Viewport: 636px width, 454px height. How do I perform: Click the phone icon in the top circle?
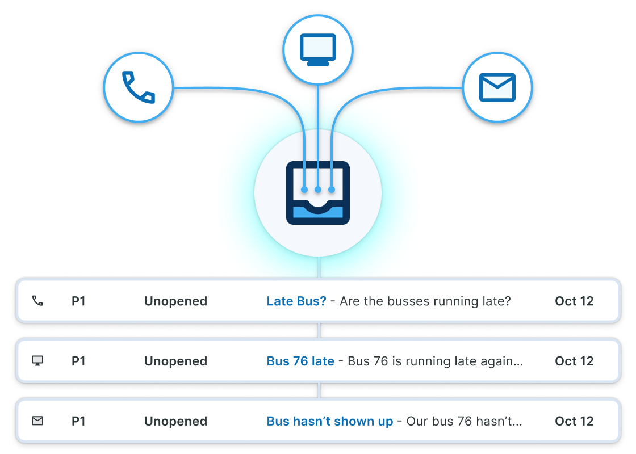coord(138,88)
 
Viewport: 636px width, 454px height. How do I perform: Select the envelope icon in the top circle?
coord(497,88)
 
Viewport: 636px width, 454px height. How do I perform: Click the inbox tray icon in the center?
coord(318,193)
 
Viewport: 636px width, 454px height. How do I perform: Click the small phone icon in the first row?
coord(37,301)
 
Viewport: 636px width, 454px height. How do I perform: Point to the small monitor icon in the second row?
coord(37,361)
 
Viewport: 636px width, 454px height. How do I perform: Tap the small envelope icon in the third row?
coord(37,421)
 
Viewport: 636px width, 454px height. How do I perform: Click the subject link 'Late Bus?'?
coord(296,301)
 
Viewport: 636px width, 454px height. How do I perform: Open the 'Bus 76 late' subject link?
coord(300,361)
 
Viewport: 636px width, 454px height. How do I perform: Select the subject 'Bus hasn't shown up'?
coord(330,421)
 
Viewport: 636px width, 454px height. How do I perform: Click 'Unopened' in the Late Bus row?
coord(175,301)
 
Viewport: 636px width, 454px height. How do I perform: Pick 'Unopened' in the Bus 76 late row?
coord(175,361)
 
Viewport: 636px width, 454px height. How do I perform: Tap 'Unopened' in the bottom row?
coord(175,421)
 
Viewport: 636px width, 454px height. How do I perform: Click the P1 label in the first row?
coord(78,301)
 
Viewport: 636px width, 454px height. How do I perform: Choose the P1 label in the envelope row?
coord(78,421)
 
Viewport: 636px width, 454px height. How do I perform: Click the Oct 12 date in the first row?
coord(574,301)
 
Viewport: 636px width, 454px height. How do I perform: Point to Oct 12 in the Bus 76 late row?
coord(574,361)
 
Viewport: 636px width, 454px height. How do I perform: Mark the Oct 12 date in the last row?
coord(574,421)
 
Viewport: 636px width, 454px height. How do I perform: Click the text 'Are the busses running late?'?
coord(425,301)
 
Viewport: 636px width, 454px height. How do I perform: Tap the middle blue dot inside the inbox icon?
coord(318,189)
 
